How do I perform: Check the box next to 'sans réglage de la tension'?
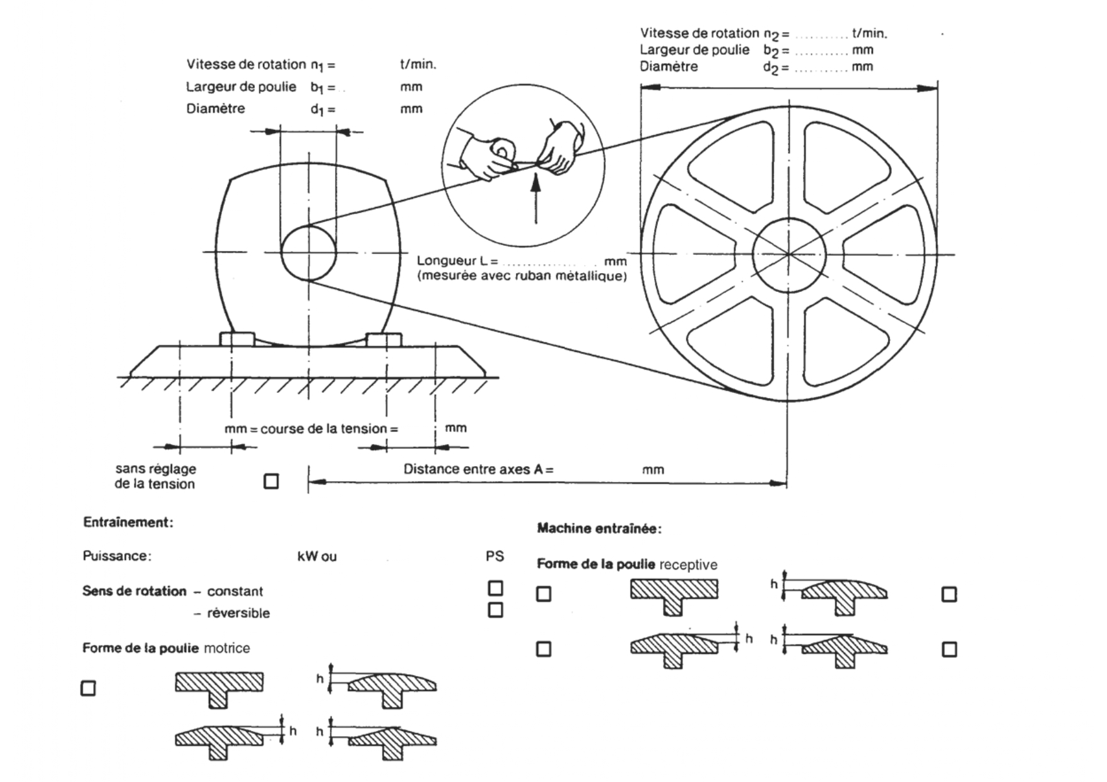271,482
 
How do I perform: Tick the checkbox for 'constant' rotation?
496,588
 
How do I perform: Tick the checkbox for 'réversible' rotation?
496,610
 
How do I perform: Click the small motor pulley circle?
308,254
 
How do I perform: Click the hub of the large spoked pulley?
788,255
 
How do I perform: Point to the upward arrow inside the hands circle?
536,199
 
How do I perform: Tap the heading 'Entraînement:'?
128,522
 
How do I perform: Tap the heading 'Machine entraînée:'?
599,528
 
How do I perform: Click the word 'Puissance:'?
117,556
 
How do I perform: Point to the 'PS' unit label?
495,556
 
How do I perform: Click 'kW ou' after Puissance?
317,557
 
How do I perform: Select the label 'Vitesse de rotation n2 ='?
714,33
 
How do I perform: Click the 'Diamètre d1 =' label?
260,109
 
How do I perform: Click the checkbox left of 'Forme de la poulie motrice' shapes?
88,688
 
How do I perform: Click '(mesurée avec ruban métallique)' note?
522,276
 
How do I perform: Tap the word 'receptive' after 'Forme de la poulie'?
688,564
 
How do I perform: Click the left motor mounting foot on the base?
237,339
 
